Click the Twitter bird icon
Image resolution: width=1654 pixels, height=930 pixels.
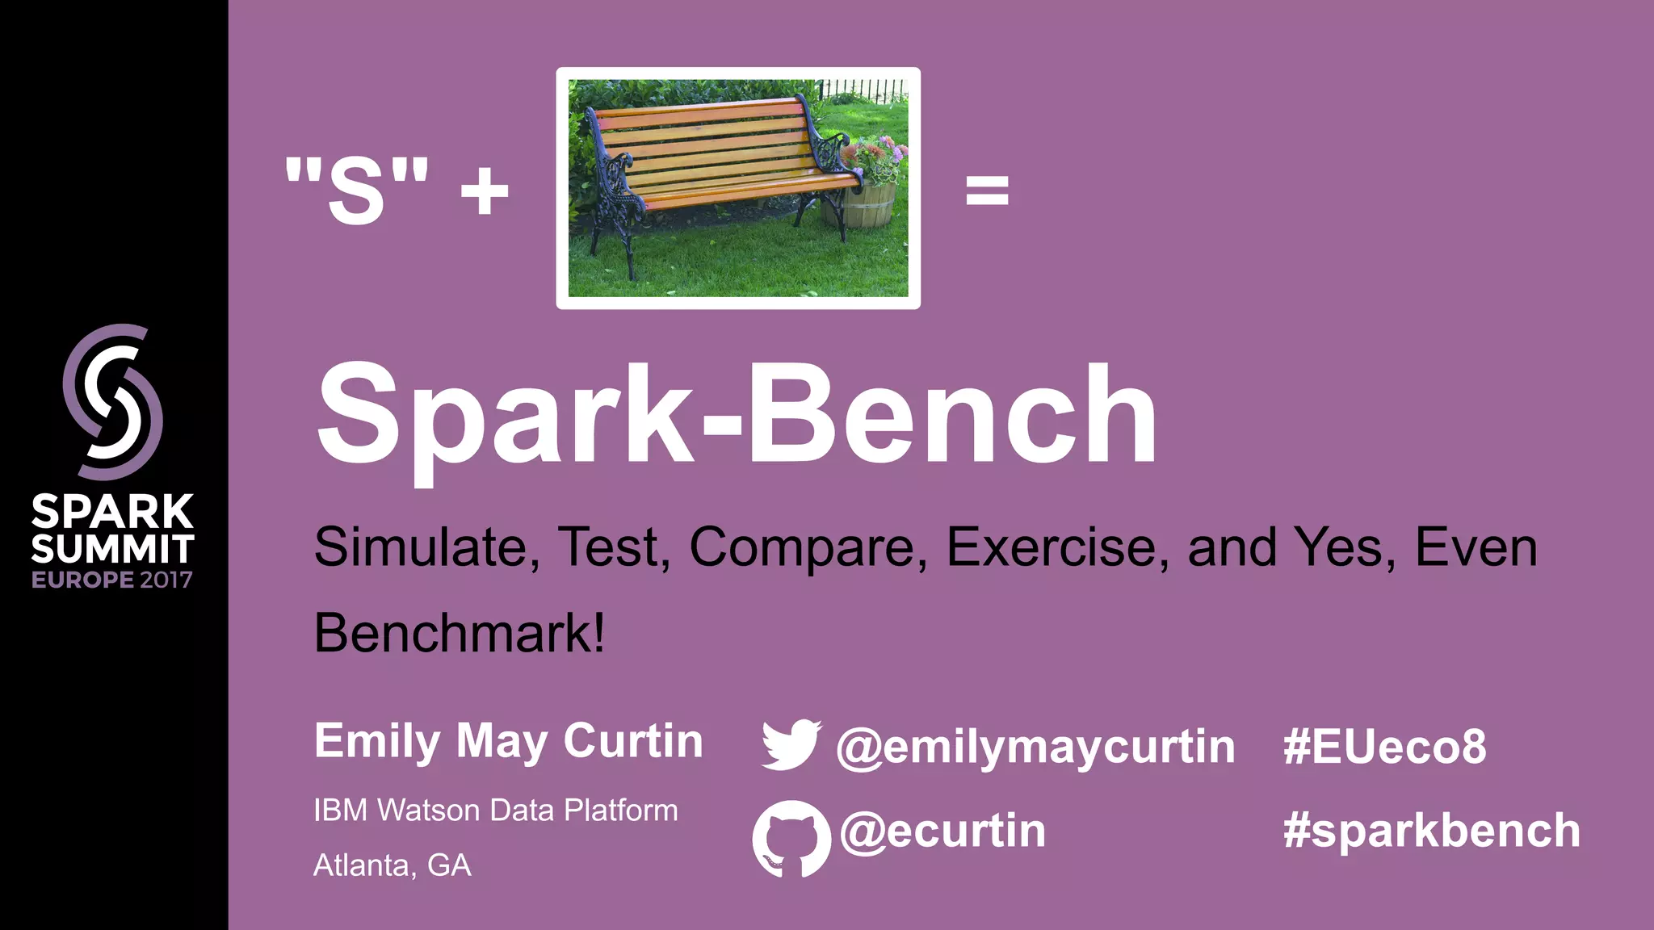(x=791, y=744)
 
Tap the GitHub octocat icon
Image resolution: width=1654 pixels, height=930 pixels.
(x=791, y=838)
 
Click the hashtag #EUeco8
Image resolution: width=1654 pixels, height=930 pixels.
(x=1384, y=747)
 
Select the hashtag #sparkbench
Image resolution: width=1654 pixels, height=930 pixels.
(x=1431, y=831)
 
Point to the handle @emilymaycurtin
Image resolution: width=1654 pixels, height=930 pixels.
(x=1035, y=747)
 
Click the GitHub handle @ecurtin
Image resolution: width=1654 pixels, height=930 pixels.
(x=942, y=831)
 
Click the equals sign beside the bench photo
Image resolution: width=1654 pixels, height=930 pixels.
(x=987, y=191)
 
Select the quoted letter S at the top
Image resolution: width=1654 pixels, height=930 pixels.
(x=356, y=191)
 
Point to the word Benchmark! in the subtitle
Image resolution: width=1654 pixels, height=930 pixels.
(x=460, y=632)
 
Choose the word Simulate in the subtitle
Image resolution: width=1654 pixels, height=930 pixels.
(x=421, y=547)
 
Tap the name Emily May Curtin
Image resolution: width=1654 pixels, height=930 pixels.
(x=508, y=741)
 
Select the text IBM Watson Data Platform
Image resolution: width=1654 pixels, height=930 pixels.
(x=495, y=810)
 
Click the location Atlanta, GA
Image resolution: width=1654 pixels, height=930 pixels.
(x=392, y=865)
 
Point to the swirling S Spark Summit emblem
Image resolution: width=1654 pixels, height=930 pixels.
(x=113, y=401)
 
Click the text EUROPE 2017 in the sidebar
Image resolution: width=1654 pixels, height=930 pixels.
(x=112, y=580)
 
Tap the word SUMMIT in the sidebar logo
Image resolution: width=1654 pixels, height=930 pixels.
(x=112, y=549)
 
